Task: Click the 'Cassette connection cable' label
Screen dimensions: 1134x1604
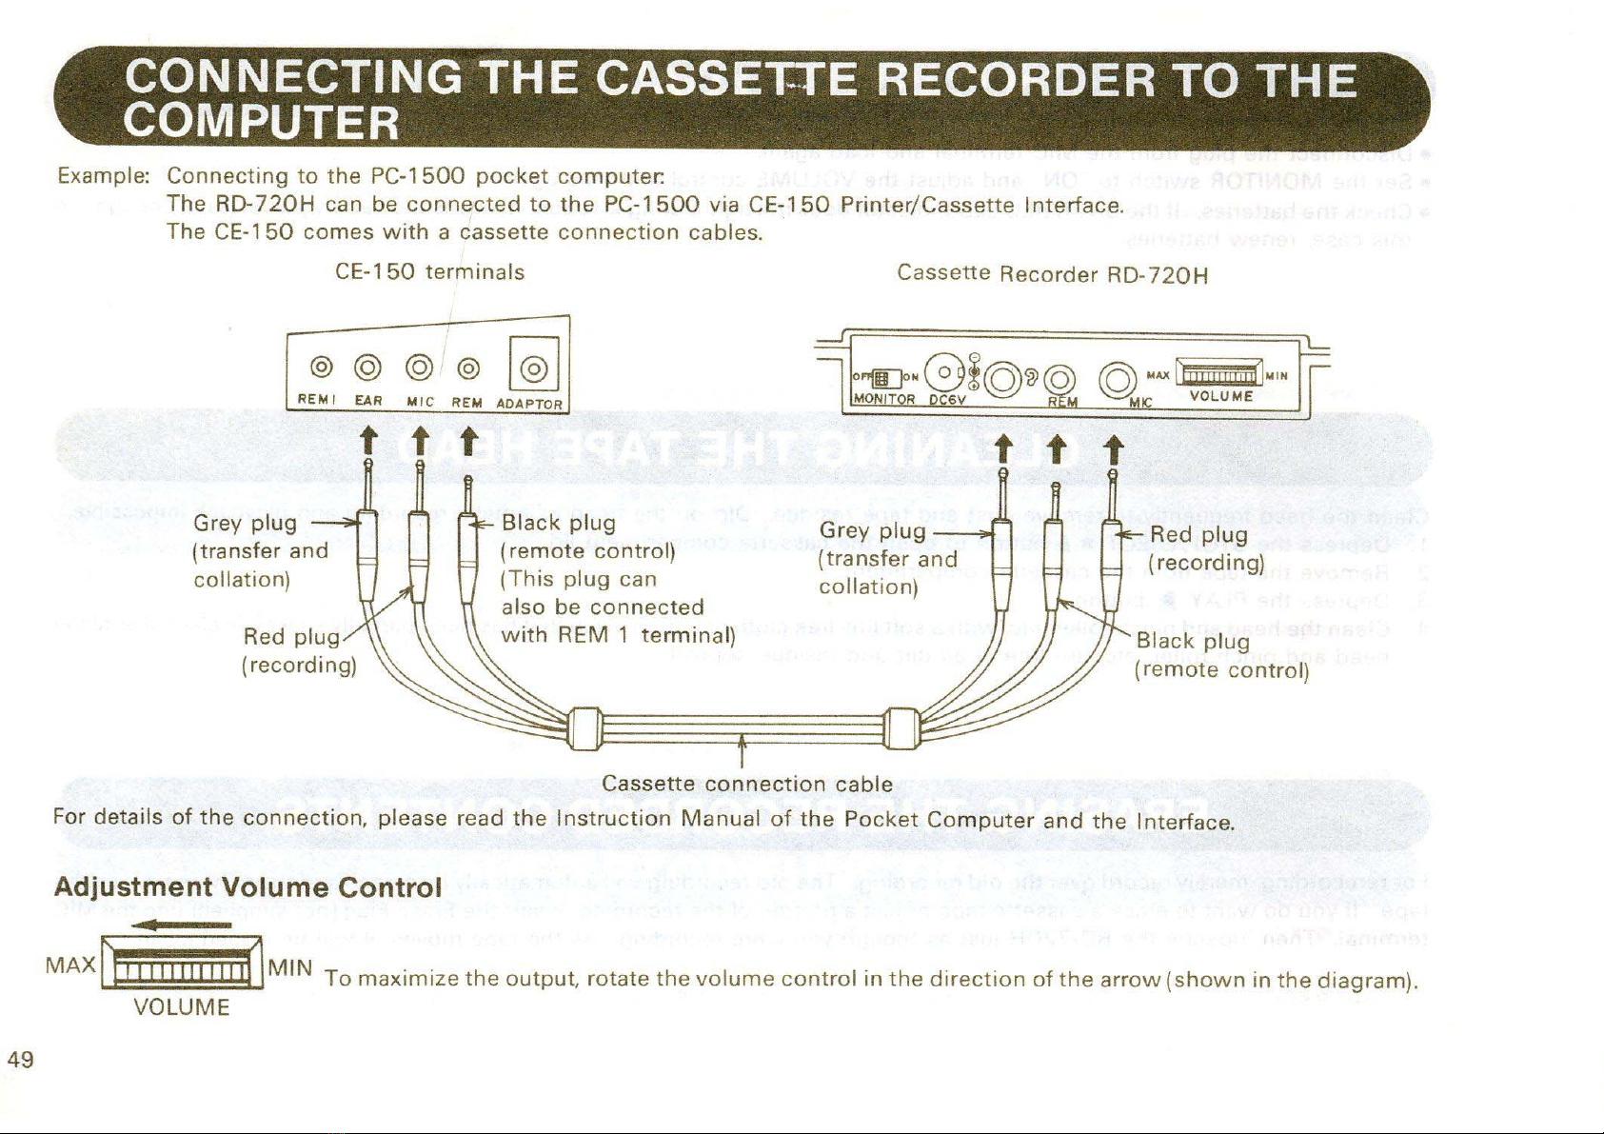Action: click(x=747, y=785)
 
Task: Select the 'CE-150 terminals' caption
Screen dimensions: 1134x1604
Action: click(x=430, y=272)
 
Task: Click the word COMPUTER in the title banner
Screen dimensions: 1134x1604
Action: click(x=262, y=122)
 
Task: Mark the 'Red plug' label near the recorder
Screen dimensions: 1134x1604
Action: click(x=1198, y=535)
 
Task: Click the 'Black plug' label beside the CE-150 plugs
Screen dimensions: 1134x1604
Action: click(x=559, y=524)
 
